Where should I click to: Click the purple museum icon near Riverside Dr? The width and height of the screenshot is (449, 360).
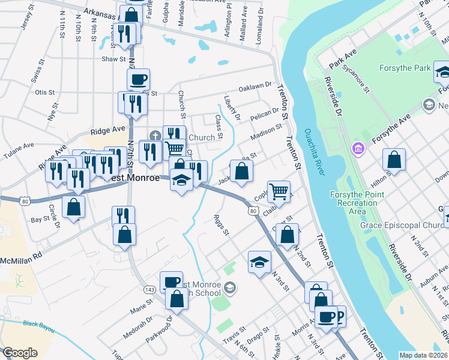click(358, 147)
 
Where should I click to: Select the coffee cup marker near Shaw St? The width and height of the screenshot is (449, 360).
click(138, 79)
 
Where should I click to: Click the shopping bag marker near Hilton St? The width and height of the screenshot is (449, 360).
click(394, 160)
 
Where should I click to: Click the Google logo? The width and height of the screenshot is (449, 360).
click(20, 353)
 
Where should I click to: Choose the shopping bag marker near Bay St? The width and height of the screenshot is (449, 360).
click(73, 207)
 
